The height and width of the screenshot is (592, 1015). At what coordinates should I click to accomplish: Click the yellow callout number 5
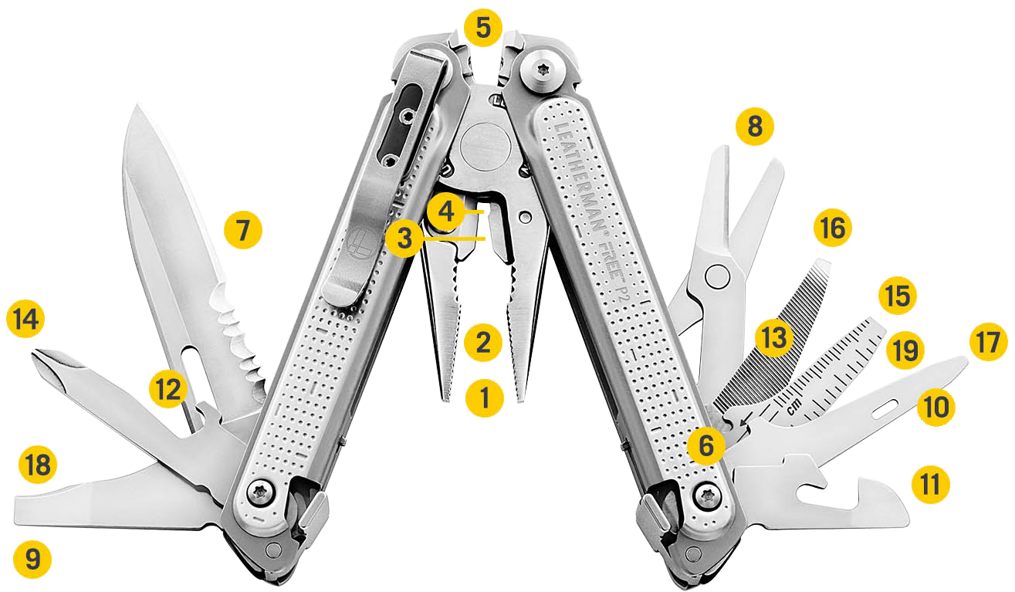pos(482,29)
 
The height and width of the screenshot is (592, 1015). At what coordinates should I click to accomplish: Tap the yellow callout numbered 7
pos(243,230)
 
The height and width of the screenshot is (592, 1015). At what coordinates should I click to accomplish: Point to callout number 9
pos(32,558)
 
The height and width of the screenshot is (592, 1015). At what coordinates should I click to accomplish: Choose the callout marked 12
pos(169,391)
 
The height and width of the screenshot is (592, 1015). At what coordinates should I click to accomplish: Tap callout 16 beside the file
pos(833,228)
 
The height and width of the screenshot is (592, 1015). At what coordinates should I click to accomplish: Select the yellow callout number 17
pos(989,342)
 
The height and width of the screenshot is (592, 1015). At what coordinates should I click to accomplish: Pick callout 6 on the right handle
pos(707,444)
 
